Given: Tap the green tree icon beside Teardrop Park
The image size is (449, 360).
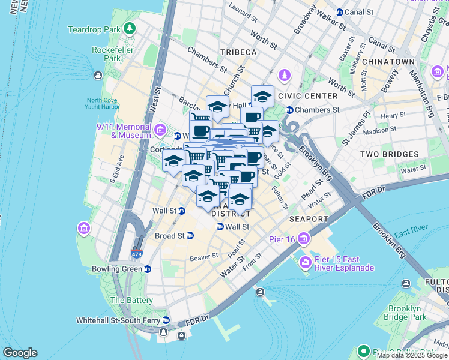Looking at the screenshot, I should tap(129, 29).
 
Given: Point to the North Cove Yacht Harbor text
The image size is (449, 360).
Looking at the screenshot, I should tap(103, 103).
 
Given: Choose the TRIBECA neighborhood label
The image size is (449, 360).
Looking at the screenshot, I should tap(238, 52).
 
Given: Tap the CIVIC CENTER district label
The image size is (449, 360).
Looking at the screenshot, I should tap(312, 96).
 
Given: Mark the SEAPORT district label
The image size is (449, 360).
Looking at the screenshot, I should tap(309, 219).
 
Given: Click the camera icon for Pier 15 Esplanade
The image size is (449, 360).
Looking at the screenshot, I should tap(306, 263).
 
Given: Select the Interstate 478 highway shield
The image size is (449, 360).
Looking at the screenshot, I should tap(137, 254).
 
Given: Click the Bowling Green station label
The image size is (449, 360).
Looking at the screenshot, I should tap(117, 269).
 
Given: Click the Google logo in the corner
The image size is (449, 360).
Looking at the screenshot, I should tap(20, 353).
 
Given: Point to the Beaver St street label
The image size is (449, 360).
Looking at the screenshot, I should tap(203, 257).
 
